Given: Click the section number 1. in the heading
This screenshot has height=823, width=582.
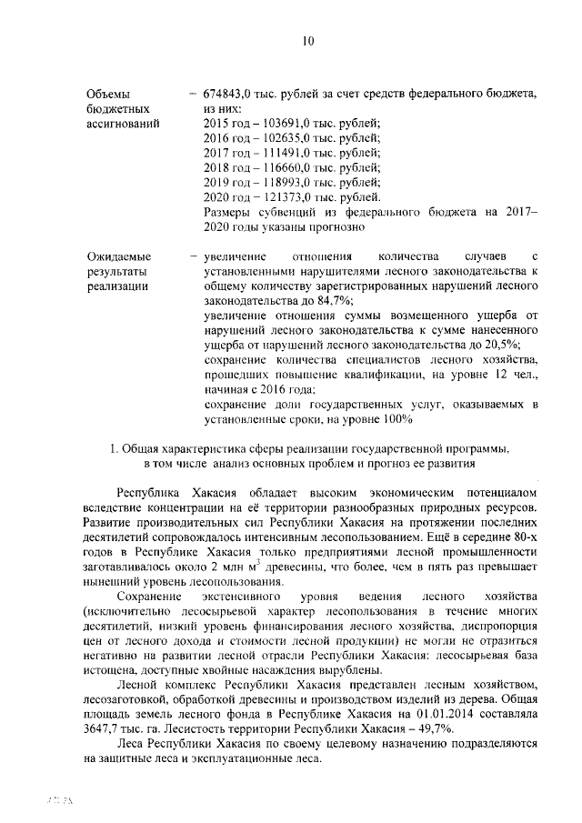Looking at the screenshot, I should point(114,448).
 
